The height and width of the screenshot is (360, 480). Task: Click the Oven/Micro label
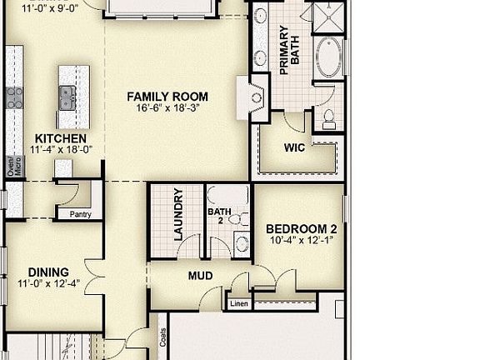[x=10, y=167]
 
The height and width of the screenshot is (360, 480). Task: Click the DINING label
[x=49, y=272]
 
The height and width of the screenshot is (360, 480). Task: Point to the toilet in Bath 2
[x=239, y=219]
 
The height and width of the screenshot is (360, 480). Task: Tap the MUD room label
[x=200, y=276]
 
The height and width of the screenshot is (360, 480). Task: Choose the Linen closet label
[x=238, y=305]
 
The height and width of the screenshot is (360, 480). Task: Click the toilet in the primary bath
[x=328, y=117]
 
